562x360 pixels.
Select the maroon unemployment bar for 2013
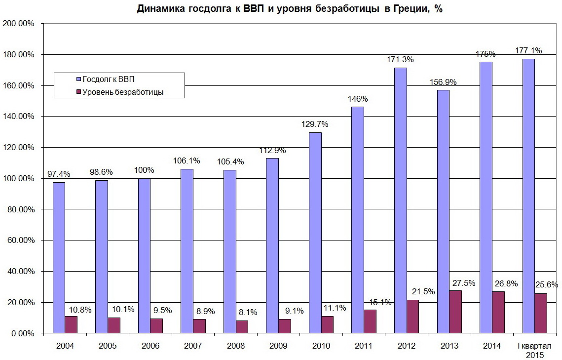455,312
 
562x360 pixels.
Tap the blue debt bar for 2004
59,257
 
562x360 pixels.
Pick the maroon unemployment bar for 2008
242,326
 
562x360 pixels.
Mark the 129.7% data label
315,124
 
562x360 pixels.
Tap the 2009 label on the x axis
278,346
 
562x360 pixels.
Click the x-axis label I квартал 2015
534,350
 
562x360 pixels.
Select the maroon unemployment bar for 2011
370,321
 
